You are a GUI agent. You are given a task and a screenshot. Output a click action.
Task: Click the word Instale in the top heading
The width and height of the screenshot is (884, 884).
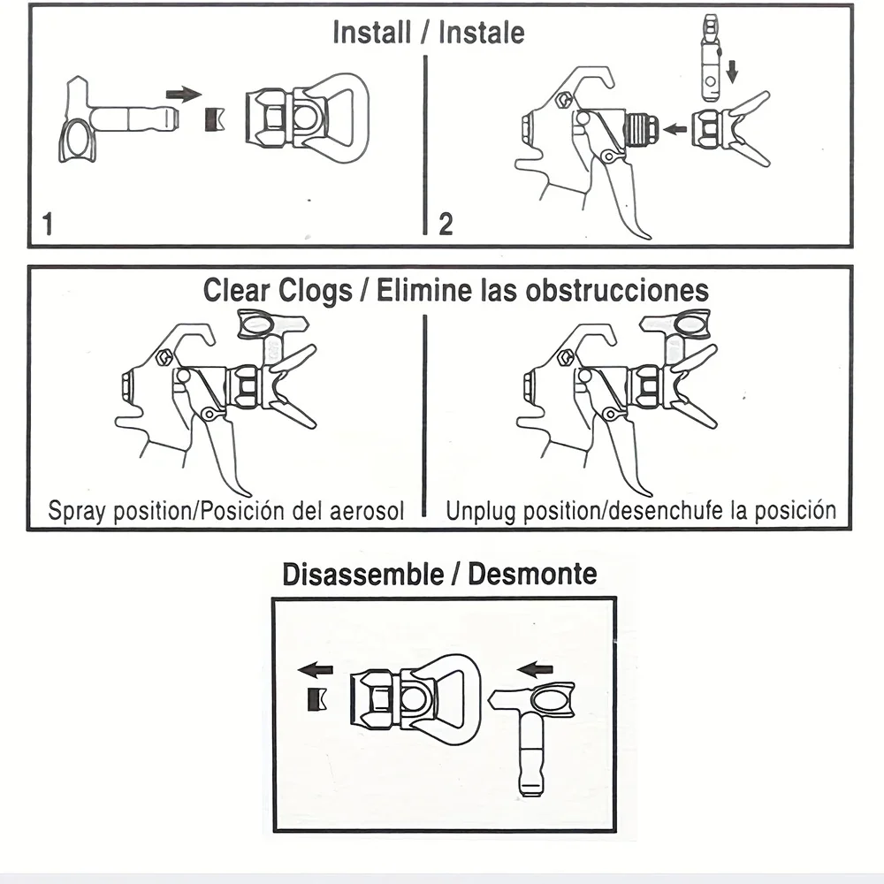point(482,33)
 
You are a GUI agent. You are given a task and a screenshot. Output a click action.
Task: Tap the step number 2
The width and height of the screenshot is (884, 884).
point(446,224)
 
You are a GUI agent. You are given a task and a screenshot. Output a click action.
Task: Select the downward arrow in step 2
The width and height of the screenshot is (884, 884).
point(731,68)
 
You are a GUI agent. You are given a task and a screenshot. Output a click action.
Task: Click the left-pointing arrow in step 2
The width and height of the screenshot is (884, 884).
point(674,129)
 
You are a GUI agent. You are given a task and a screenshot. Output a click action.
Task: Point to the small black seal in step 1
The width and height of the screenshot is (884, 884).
point(213,118)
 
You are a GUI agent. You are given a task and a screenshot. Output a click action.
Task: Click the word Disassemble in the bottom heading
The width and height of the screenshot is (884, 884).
point(361,574)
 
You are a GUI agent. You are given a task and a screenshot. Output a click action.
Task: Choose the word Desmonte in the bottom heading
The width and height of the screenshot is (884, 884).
point(532,574)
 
